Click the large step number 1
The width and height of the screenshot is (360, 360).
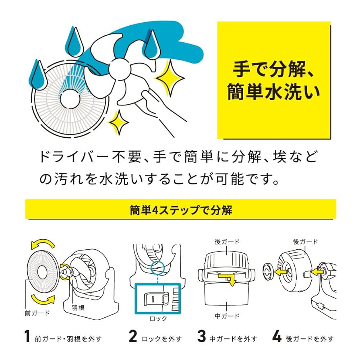coord(27,337)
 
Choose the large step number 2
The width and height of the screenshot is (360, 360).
coord(132,337)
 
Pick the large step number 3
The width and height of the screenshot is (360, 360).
coord(201,337)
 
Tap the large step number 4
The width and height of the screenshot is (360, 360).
coord(277,337)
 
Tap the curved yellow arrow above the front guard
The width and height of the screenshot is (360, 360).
coord(42,243)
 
